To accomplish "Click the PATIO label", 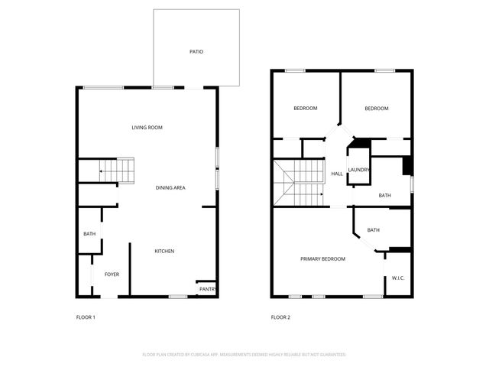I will pyautogui.click(x=196, y=52).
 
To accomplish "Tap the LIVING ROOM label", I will pyautogui.click(x=147, y=127).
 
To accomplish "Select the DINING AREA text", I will pyautogui.click(x=170, y=187).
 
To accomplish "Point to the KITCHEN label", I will pyautogui.click(x=165, y=252).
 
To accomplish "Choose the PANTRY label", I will pyautogui.click(x=207, y=290).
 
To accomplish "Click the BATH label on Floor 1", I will pyautogui.click(x=89, y=234).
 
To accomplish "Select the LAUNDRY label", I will pyautogui.click(x=358, y=170).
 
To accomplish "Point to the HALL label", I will pyautogui.click(x=336, y=174).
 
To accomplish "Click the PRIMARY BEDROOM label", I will pyautogui.click(x=322, y=259).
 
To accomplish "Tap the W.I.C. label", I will pyautogui.click(x=398, y=278).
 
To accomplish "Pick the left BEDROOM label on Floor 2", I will pyautogui.click(x=306, y=109).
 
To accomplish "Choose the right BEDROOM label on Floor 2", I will pyautogui.click(x=376, y=109).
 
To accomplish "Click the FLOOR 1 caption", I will pyautogui.click(x=86, y=317).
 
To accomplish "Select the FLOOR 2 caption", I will pyautogui.click(x=280, y=317).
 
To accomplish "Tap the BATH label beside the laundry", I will pyautogui.click(x=384, y=195).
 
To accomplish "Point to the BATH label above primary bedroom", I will pyautogui.click(x=374, y=230).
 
